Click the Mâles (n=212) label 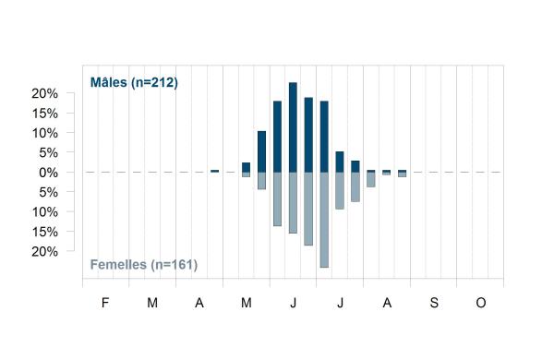pyautogui.click(x=134, y=82)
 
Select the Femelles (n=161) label pyautogui.click(x=144, y=265)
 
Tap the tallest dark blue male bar pyautogui.click(x=293, y=127)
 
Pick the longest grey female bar pyautogui.click(x=324, y=220)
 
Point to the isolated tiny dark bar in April pyautogui.click(x=214, y=171)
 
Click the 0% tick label pyautogui.click(x=48, y=173)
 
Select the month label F pyautogui.click(x=105, y=303)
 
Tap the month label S pyautogui.click(x=434, y=303)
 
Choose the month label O pyautogui.click(x=481, y=303)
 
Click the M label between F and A pyautogui.click(x=152, y=303)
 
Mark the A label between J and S pyautogui.click(x=387, y=303)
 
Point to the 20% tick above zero pyautogui.click(x=45, y=93)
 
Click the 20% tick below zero pyautogui.click(x=45, y=252)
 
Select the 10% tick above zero pyautogui.click(x=45, y=133)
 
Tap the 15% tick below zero pyautogui.click(x=45, y=232)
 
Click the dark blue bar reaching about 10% pyautogui.click(x=262, y=151)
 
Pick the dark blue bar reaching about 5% pyautogui.click(x=340, y=162)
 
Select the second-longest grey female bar pyautogui.click(x=308, y=209)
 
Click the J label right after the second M pyautogui.click(x=293, y=303)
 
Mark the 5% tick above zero pyautogui.click(x=48, y=153)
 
